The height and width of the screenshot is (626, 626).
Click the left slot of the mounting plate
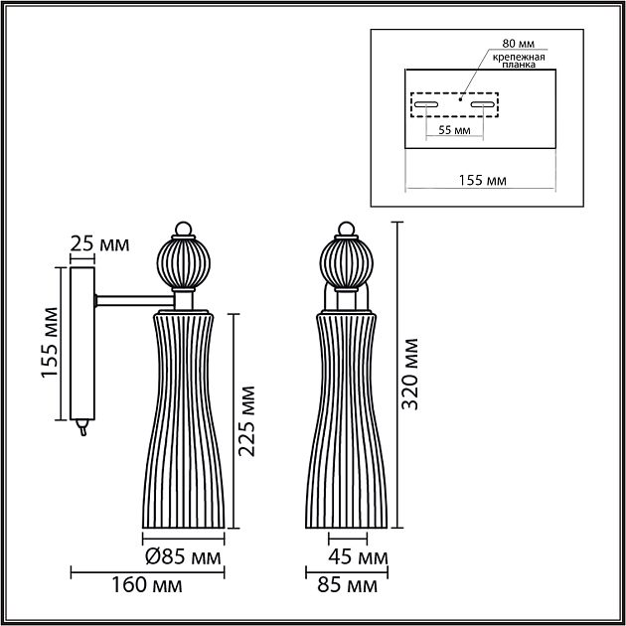(x=428, y=103)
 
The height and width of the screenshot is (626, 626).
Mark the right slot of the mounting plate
(x=483, y=103)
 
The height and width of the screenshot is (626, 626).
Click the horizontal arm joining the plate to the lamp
(x=133, y=296)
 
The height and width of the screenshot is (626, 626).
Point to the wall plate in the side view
(x=81, y=343)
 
